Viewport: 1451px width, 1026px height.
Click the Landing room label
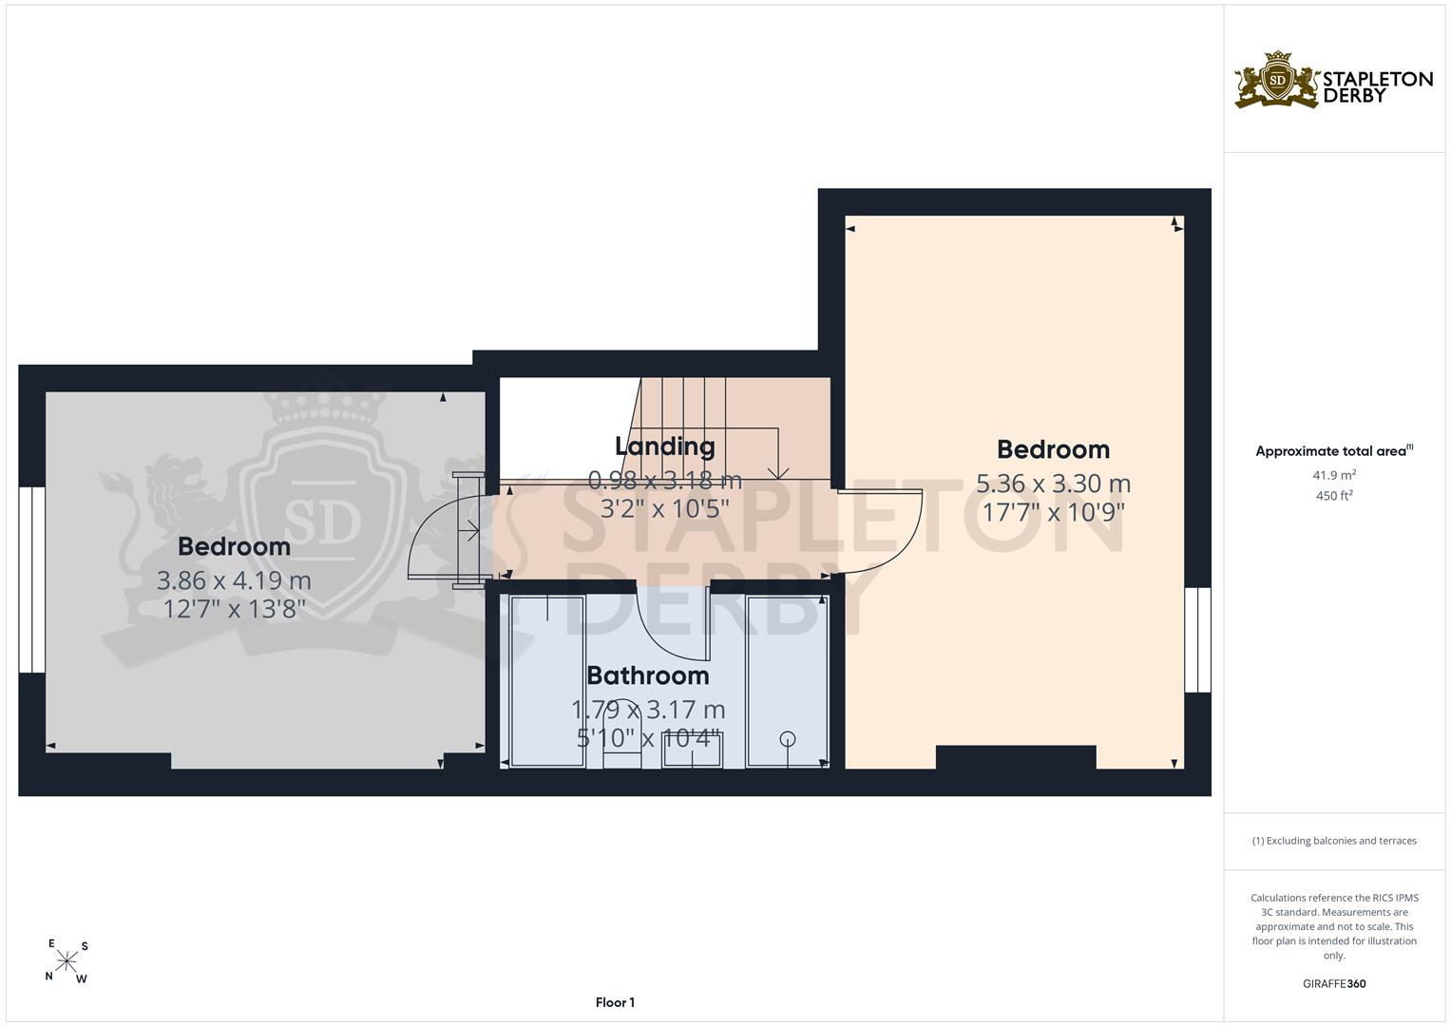tap(664, 446)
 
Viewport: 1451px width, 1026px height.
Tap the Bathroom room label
tap(648, 675)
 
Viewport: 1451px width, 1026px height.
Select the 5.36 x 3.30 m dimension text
tap(1053, 484)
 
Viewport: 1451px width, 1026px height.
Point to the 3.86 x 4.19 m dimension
tap(234, 580)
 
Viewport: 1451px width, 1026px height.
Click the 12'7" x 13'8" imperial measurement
tap(234, 609)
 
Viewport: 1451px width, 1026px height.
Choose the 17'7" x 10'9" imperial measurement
tap(1053, 512)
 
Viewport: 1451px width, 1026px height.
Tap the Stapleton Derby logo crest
tap(1276, 81)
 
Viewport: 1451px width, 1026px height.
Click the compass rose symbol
tap(67, 961)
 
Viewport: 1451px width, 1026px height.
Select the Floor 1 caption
tap(615, 1002)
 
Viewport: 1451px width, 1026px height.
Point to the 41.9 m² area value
tap(1334, 475)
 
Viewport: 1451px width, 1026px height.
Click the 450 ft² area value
tap(1334, 496)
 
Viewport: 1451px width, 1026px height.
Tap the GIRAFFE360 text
tap(1334, 984)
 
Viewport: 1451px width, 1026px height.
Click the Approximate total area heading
tap(1334, 451)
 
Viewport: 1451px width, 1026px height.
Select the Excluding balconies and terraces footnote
tap(1334, 841)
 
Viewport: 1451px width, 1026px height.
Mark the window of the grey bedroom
tap(31, 579)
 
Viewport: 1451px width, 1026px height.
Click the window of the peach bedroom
tap(1197, 640)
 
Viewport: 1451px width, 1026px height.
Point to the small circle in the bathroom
tap(788, 738)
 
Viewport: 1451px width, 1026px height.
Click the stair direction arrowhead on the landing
tap(777, 473)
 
